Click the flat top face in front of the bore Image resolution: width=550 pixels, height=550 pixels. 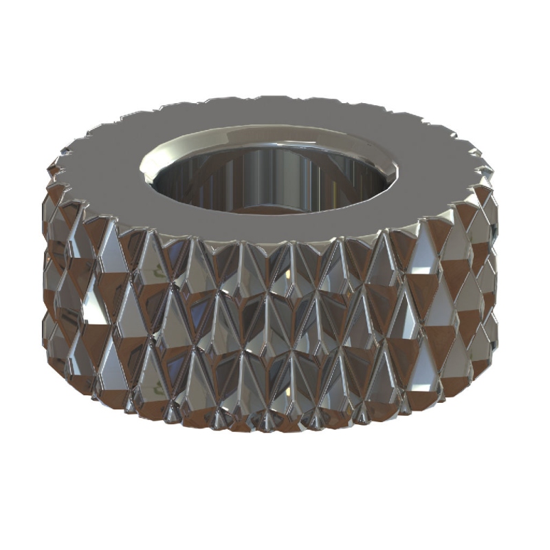click(x=275, y=227)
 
